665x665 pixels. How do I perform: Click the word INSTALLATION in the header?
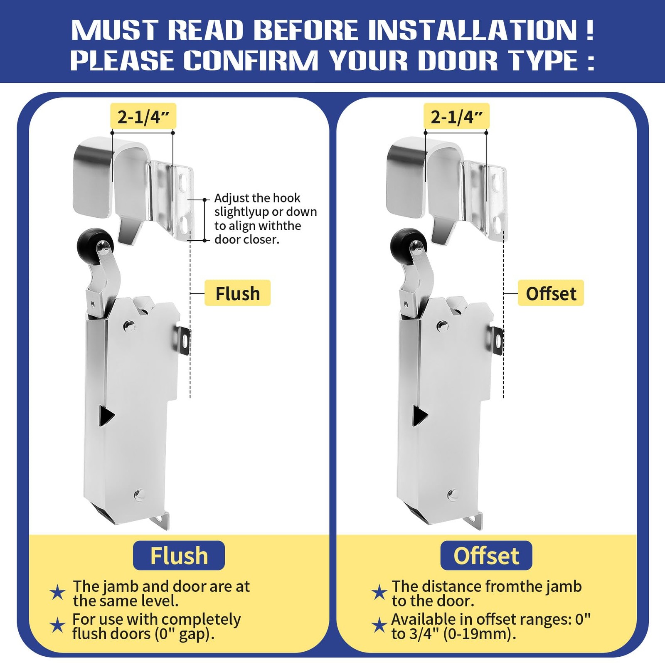point(473,30)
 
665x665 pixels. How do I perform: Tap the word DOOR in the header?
point(458,60)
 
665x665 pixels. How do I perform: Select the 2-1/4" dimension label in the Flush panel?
point(143,117)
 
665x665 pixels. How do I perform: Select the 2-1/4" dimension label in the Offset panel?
point(456,117)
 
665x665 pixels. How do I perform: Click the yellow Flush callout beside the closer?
point(237,293)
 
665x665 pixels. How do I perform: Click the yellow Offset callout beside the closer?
point(551,293)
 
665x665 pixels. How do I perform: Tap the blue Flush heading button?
point(179,555)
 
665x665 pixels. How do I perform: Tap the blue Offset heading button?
point(486,555)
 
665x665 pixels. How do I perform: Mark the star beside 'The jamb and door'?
point(57,593)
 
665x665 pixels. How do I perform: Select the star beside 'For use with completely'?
point(57,626)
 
